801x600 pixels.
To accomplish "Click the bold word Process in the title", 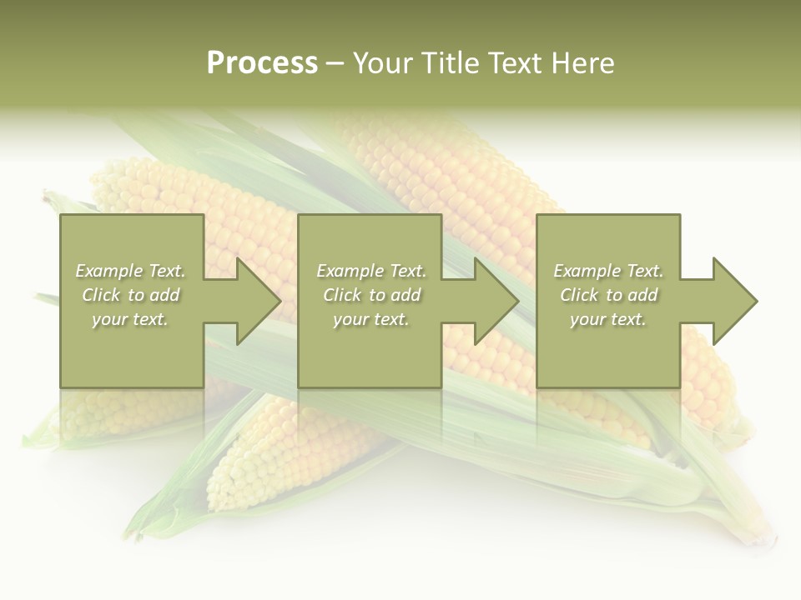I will click(x=262, y=63).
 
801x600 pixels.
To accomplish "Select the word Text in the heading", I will click(x=515, y=63).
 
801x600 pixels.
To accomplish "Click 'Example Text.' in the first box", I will click(x=130, y=271).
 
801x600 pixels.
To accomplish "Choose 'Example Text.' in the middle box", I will click(x=371, y=271).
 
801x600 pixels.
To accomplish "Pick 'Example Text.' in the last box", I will click(x=608, y=271).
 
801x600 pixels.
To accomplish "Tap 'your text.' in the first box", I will click(x=130, y=319).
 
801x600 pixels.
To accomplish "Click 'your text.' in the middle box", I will click(x=371, y=319).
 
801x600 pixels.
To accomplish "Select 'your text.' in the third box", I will click(x=608, y=319).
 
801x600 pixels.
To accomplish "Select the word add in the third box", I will click(x=642, y=295).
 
